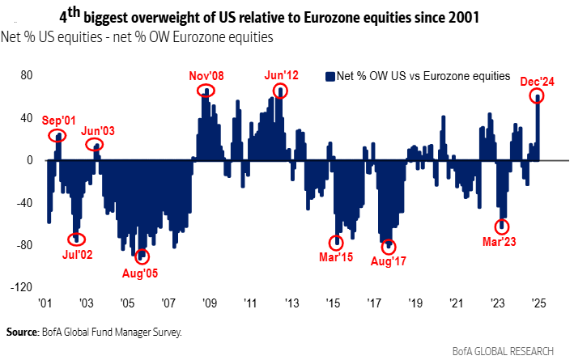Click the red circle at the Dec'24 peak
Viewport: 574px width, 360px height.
[x=537, y=97]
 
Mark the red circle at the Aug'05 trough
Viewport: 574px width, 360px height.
[x=143, y=256]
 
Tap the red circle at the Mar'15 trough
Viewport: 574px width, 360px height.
[x=336, y=243]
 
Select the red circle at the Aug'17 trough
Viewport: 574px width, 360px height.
[x=389, y=245]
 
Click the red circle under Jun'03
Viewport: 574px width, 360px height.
[x=96, y=146]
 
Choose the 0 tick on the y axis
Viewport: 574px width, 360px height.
[x=28, y=160]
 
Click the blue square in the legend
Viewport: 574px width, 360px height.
[x=330, y=76]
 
